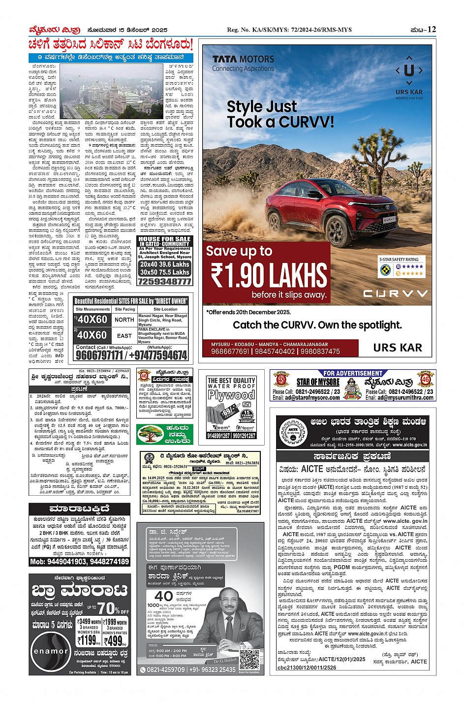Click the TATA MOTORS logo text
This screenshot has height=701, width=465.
click(x=243, y=59)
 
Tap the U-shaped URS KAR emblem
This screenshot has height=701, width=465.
click(x=409, y=70)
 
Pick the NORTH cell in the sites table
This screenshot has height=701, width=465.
click(x=124, y=319)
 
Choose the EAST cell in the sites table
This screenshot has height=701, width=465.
click(x=124, y=335)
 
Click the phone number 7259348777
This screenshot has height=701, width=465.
click(x=164, y=282)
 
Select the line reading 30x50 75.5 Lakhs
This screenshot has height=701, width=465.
click(x=164, y=272)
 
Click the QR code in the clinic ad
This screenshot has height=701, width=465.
click(x=249, y=659)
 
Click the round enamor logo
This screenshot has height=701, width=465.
click(x=51, y=651)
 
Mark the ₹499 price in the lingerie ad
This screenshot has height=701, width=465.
click(x=115, y=641)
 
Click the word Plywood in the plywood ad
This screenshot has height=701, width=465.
click(x=231, y=395)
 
